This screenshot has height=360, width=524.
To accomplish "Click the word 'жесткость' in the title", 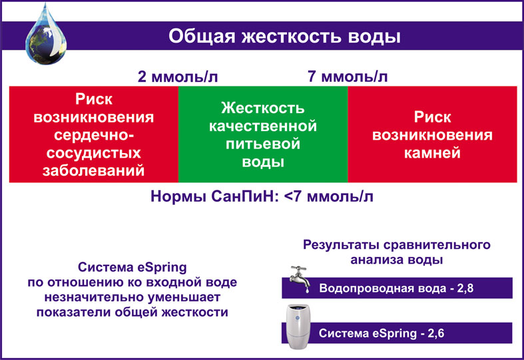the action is tap(292, 36).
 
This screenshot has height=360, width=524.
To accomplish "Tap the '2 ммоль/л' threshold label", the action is tap(178, 77).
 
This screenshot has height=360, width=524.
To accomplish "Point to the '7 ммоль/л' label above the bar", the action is tap(348, 77).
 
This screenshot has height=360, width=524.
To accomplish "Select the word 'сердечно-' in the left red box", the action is tap(94, 135).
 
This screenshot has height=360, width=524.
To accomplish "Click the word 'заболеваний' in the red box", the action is tap(94, 170).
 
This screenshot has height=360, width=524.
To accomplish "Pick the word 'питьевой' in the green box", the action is tap(263, 144).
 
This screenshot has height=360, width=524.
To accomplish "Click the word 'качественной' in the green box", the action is tap(263, 126).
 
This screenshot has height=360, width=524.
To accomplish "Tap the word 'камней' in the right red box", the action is tap(432, 152).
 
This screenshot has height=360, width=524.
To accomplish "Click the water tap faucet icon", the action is tap(300, 279).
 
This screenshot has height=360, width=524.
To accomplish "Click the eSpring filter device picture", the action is tap(298, 326).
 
